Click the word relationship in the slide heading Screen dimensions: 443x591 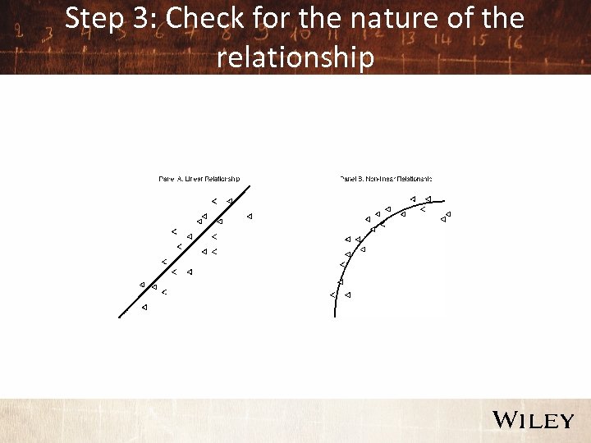click(295, 58)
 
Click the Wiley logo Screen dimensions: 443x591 click(533, 420)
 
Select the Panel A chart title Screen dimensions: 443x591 click(199, 179)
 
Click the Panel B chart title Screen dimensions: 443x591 click(385, 179)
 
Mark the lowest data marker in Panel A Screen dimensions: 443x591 click(144, 307)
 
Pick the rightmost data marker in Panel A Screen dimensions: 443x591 click(250, 216)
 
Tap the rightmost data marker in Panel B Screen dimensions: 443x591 click(448, 214)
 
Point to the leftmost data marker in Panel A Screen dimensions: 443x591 click(142, 285)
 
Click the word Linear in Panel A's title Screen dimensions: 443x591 click(190, 179)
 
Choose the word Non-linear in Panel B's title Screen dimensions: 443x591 click(379, 179)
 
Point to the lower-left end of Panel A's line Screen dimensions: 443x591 click(121, 315)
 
